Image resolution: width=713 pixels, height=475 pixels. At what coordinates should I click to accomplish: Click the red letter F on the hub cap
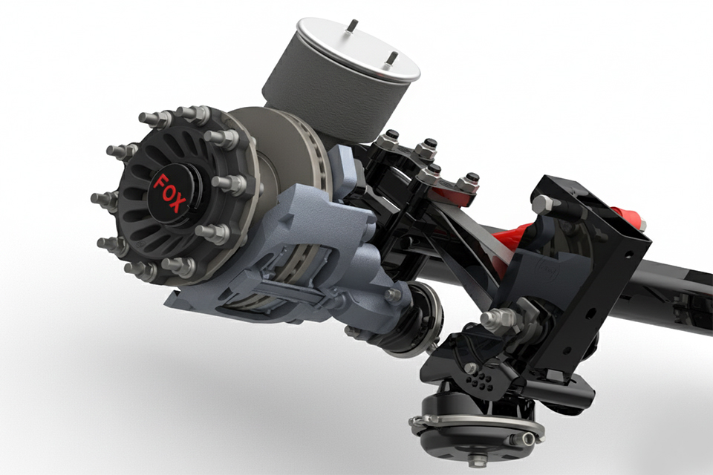[x=160, y=182]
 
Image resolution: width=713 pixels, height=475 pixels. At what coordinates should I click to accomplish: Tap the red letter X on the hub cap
[x=175, y=203]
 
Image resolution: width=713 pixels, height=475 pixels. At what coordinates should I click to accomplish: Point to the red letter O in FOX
[x=167, y=191]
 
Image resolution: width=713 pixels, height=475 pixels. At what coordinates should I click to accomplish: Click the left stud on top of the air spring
[x=351, y=27]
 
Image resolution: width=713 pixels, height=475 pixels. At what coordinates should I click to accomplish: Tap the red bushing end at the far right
[x=633, y=220]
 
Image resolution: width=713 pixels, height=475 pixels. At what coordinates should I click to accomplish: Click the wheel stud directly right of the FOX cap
[x=223, y=182]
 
